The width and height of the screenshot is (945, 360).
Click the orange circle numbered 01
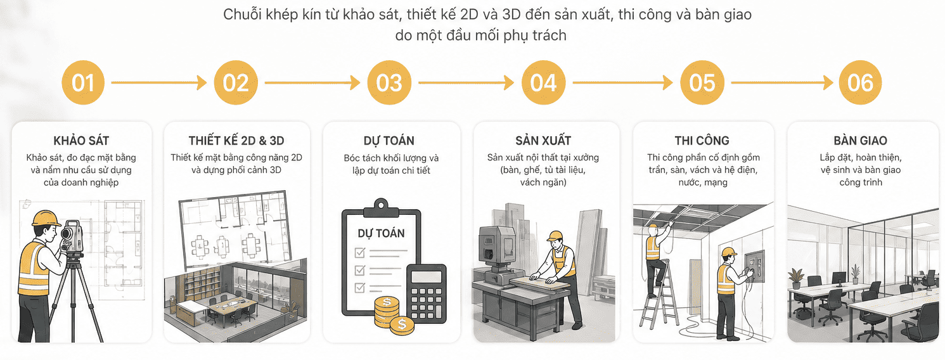[x=82, y=82]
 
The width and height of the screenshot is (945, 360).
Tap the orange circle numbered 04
[x=543, y=82]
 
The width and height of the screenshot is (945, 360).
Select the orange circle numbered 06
[x=860, y=82]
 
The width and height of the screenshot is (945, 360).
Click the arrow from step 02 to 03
[x=312, y=83]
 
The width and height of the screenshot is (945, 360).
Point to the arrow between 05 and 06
[x=781, y=83]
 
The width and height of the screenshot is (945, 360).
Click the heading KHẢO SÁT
[x=81, y=141]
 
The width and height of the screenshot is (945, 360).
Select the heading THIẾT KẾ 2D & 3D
[x=236, y=141]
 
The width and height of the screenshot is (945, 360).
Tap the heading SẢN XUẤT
[x=543, y=141]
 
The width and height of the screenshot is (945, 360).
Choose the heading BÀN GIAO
[x=860, y=141]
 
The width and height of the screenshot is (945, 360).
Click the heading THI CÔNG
[x=702, y=141]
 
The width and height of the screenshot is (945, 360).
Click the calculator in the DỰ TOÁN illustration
[x=426, y=293]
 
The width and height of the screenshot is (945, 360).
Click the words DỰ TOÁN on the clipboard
[x=381, y=233]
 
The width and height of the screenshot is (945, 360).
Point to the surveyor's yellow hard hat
[x=46, y=218]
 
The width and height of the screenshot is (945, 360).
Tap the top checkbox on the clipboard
[x=360, y=252]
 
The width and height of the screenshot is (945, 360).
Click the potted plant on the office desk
[x=855, y=274]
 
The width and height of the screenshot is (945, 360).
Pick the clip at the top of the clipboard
[x=381, y=207]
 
